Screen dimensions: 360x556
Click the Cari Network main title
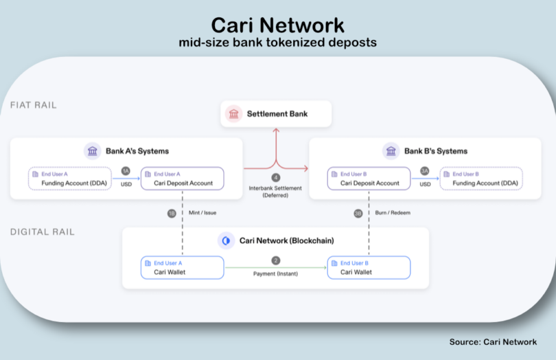(277, 25)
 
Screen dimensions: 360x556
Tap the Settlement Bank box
(276, 113)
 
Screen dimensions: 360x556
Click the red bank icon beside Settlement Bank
(234, 113)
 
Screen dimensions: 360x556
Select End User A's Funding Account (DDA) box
(69, 179)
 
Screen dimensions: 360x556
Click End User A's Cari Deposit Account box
(183, 179)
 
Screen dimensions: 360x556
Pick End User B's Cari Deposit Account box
(369, 179)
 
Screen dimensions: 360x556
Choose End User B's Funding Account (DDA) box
(481, 179)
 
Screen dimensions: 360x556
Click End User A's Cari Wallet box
(183, 267)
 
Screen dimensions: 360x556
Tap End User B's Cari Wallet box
(369, 267)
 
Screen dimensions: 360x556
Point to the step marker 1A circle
(126, 170)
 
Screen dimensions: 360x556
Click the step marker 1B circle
(172, 214)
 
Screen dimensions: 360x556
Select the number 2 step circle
(276, 260)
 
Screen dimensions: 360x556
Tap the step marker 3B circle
(358, 214)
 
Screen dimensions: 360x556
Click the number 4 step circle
(276, 178)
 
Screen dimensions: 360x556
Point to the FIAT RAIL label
(34, 106)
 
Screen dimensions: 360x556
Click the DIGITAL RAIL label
(42, 232)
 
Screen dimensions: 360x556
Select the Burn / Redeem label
(393, 213)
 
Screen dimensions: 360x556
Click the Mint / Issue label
(202, 213)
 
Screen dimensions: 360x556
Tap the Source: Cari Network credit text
(492, 341)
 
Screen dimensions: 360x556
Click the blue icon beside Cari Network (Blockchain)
(226, 240)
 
